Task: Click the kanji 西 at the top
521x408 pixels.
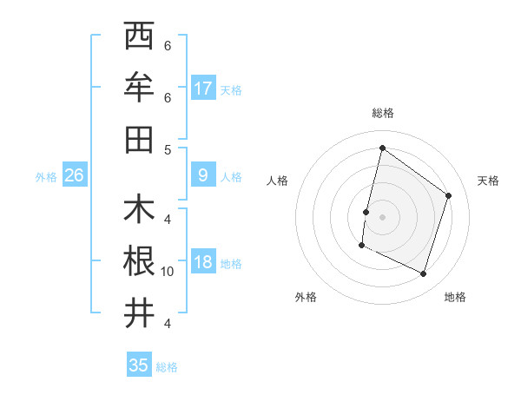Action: pyautogui.click(x=139, y=36)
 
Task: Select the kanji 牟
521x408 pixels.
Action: pyautogui.click(x=139, y=87)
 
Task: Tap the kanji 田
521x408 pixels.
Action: pyautogui.click(x=139, y=138)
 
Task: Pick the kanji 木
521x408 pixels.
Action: pyautogui.click(x=139, y=210)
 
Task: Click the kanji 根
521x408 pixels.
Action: pyautogui.click(x=139, y=261)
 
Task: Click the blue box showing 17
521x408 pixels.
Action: pyautogui.click(x=203, y=88)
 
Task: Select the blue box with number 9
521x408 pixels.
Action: pyautogui.click(x=203, y=175)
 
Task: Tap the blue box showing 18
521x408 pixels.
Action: pyautogui.click(x=203, y=262)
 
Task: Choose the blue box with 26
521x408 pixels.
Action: pyautogui.click(x=74, y=175)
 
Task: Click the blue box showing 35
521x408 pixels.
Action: pyautogui.click(x=139, y=365)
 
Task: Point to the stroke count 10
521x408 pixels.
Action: pyautogui.click(x=168, y=272)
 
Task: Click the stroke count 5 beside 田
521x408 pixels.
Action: pyautogui.click(x=168, y=148)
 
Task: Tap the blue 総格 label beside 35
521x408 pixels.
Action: pyautogui.click(x=168, y=367)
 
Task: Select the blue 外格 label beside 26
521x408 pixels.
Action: pyautogui.click(x=46, y=177)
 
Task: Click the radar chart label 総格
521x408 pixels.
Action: pyautogui.click(x=382, y=113)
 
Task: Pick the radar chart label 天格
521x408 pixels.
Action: pyautogui.click(x=488, y=181)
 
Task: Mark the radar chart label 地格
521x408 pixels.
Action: pyautogui.click(x=455, y=297)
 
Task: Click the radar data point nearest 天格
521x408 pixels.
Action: pyautogui.click(x=449, y=195)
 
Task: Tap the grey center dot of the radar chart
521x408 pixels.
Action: pyautogui.click(x=382, y=216)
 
